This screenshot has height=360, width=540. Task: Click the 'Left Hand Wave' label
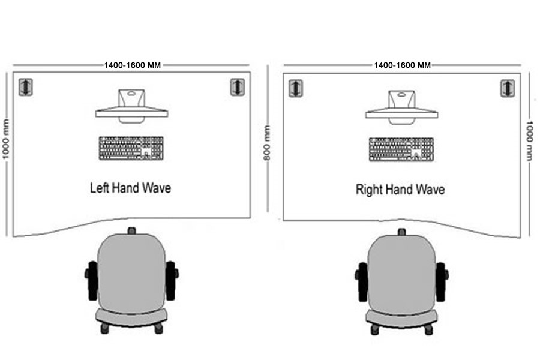tap(131, 188)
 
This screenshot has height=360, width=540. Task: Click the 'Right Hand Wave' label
tap(400, 190)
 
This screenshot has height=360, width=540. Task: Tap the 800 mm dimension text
tap(267, 143)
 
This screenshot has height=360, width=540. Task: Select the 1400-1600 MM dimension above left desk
tap(133, 65)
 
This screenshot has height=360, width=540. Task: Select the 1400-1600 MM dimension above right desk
tap(402, 65)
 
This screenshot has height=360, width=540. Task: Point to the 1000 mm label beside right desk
tap(530, 140)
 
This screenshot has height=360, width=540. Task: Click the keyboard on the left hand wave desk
tap(131, 148)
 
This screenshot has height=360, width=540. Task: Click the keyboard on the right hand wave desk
tap(401, 149)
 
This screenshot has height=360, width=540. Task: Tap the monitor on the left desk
tap(131, 106)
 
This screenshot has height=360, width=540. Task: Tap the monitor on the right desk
tap(401, 107)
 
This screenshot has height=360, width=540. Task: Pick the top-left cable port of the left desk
tap(25, 87)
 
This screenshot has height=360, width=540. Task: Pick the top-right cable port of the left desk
tap(237, 87)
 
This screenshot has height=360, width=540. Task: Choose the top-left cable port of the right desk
tap(295, 89)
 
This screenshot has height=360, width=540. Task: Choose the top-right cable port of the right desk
tap(507, 89)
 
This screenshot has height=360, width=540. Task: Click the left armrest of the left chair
tap(92, 281)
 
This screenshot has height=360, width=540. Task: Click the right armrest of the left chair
tap(172, 281)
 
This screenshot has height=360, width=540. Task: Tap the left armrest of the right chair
tap(362, 282)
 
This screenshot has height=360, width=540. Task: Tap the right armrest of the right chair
tap(442, 282)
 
